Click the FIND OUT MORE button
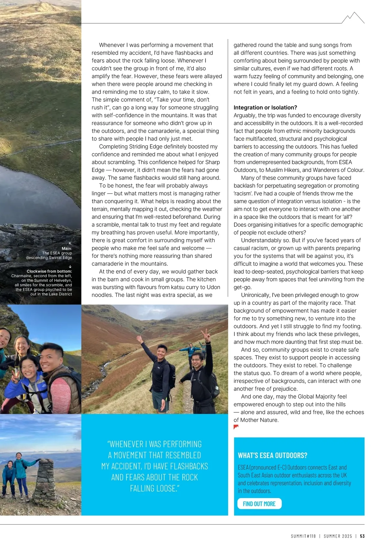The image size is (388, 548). point(259,504)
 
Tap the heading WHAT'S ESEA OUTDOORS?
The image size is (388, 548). point(273,455)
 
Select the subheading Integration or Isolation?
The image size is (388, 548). point(265,108)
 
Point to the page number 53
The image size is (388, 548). point(362,536)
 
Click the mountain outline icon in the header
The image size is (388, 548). point(353,18)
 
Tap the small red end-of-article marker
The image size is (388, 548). point(236,427)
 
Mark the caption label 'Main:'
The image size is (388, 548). point(67,248)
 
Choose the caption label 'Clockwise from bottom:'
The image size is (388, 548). point(49,271)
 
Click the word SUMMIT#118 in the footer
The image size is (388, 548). point(303,536)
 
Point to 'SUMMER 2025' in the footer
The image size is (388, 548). point(338,536)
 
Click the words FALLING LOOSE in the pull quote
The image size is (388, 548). point(155,488)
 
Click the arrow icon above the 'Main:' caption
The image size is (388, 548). point(70,244)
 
